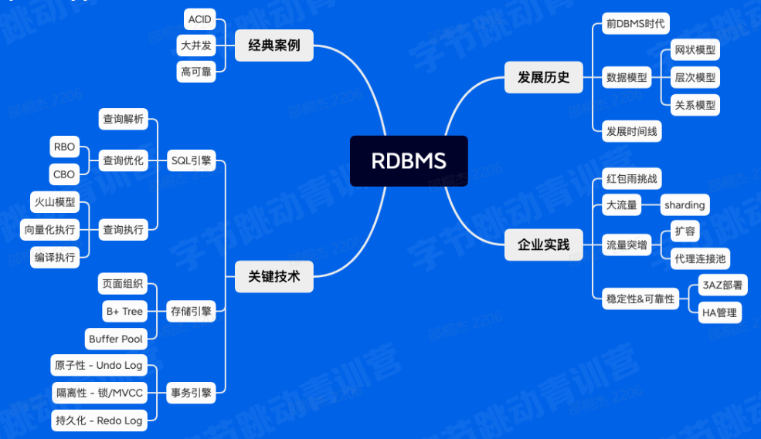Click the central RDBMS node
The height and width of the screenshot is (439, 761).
[409, 160]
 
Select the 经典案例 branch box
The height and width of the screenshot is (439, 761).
[273, 46]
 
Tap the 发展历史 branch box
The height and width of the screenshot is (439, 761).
[543, 76]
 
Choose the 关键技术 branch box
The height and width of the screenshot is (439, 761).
[273, 275]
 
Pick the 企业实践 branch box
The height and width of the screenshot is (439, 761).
[543, 245]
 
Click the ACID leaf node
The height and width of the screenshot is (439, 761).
[200, 19]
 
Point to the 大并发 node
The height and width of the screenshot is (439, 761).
[196, 46]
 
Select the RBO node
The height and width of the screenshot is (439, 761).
[64, 147]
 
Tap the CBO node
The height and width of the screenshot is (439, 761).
[64, 174]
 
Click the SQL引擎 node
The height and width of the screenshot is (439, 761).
[191, 160]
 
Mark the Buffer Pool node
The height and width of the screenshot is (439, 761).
[116, 339]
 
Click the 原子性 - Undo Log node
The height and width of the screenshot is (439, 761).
[98, 365]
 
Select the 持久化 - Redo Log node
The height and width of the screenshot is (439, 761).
[98, 420]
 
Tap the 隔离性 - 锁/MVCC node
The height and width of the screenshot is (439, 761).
[98, 393]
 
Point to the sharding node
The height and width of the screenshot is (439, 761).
[685, 204]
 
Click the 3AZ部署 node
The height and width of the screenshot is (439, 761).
[722, 285]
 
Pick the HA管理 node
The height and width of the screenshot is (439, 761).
[720, 312]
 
